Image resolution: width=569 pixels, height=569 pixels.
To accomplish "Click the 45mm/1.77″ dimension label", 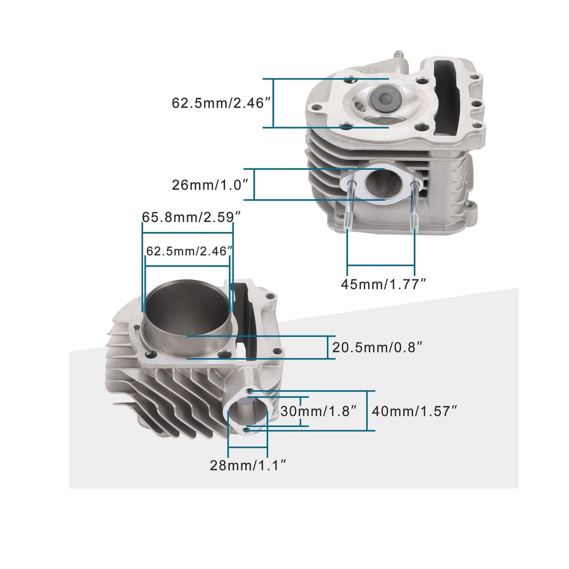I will pos(384,284).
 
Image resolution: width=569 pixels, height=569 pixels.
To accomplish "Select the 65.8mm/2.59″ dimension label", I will pos(191,217).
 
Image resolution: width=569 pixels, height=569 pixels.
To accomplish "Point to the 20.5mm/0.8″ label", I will pos(377,347).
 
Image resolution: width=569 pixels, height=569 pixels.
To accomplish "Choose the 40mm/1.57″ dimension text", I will pos(414,411).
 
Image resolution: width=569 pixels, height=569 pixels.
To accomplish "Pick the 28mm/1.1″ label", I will pos(247,465).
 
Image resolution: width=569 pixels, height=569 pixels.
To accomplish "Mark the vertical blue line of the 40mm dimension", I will pos(367,411).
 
